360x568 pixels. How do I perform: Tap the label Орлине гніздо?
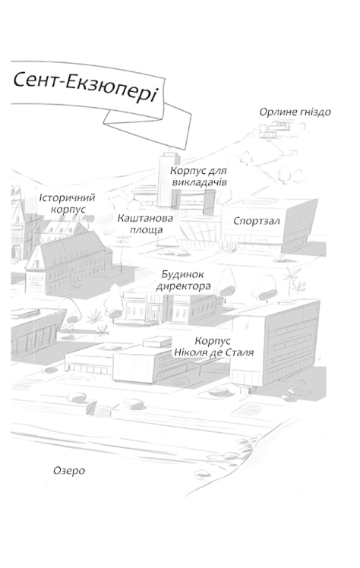tap(295, 112)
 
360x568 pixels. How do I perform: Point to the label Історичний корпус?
tap(68, 203)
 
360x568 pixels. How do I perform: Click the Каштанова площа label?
tap(145, 222)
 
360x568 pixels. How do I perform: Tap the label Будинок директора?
tap(183, 280)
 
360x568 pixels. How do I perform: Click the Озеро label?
tap(69, 471)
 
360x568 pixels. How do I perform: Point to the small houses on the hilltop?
tap(285, 131)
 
